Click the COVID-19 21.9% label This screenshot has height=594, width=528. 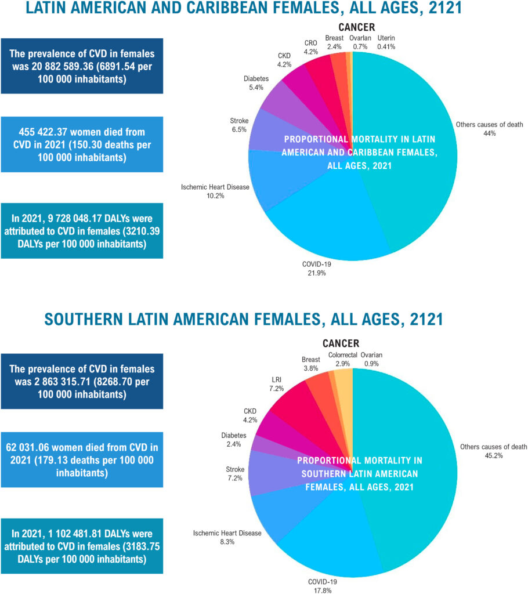(x=316, y=269)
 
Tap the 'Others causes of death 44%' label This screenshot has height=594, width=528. (x=489, y=129)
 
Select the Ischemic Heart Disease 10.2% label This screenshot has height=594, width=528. (x=215, y=191)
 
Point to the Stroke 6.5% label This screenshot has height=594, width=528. (x=239, y=125)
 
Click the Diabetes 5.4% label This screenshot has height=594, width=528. (x=256, y=83)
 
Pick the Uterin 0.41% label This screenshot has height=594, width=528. (x=386, y=42)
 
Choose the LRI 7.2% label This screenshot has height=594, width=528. (x=276, y=384)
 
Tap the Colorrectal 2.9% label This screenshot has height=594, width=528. (x=343, y=359)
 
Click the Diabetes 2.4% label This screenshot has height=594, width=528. (x=234, y=440)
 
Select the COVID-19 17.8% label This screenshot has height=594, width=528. (x=323, y=586)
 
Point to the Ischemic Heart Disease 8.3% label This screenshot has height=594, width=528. (x=227, y=538)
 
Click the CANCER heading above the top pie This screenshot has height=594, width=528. (x=357, y=27)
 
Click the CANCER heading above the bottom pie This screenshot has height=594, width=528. (x=341, y=343)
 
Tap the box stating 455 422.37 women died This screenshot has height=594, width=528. (x=82, y=144)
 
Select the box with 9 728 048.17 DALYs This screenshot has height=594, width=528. (x=82, y=231)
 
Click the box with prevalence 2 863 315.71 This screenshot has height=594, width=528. (x=82, y=381)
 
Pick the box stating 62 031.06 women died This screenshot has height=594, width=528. (x=82, y=459)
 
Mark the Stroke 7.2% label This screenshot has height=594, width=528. (x=235, y=473)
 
